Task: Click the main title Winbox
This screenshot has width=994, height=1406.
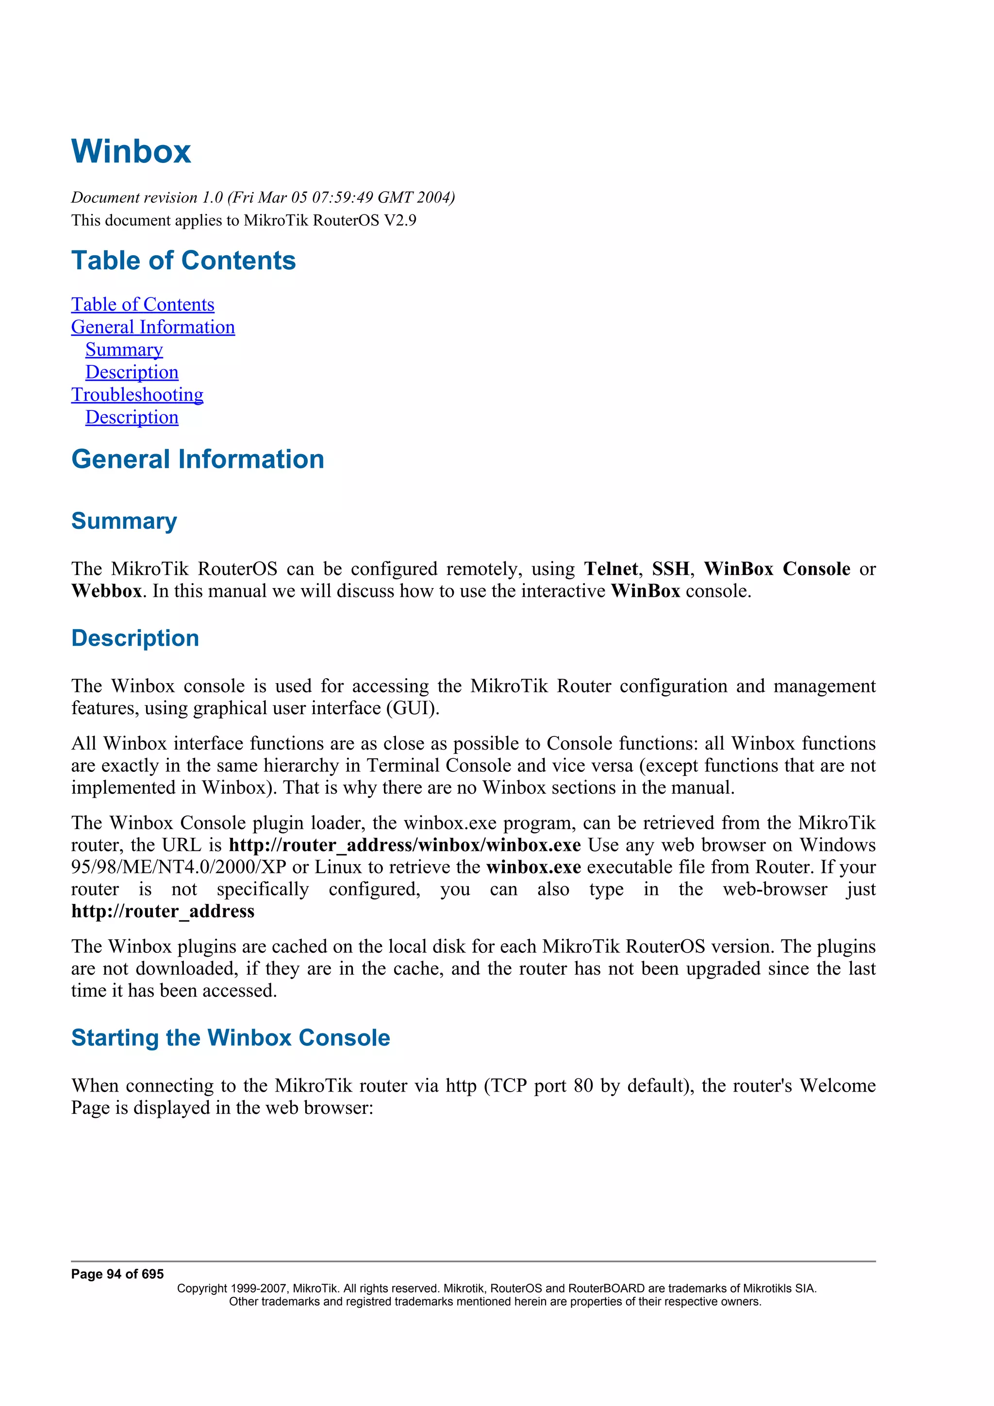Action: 131,151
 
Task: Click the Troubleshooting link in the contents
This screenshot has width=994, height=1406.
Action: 137,394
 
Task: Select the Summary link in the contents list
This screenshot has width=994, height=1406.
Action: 124,350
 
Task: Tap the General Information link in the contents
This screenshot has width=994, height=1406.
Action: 152,327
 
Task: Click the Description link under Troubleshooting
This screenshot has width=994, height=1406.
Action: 132,417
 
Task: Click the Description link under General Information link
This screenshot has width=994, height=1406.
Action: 132,372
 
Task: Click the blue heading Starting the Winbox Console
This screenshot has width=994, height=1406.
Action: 230,1037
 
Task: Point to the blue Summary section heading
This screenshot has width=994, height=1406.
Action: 124,521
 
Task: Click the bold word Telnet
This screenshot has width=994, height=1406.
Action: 610,569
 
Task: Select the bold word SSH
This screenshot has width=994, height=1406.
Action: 670,569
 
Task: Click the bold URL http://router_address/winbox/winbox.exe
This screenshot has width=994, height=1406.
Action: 404,845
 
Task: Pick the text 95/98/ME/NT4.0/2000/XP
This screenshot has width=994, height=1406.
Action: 178,867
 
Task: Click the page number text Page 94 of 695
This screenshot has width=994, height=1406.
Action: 117,1275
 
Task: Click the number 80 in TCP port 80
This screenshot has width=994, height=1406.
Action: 583,1086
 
